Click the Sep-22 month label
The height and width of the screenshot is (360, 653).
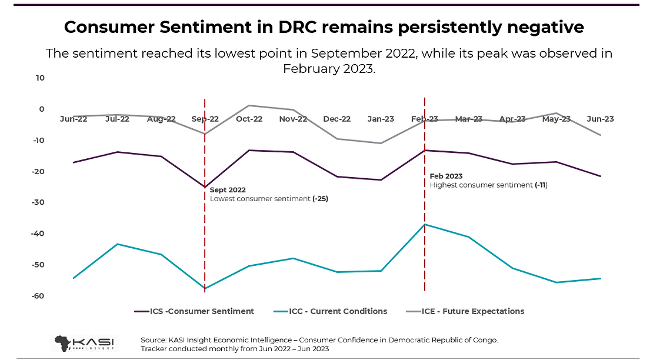[x=205, y=119]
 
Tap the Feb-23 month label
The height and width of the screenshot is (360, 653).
[x=425, y=119]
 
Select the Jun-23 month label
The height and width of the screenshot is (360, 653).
[x=600, y=119]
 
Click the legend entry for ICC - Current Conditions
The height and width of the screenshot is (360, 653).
[x=331, y=311]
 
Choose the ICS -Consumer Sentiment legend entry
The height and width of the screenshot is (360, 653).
[x=194, y=311]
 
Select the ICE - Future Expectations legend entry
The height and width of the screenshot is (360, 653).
[x=465, y=311]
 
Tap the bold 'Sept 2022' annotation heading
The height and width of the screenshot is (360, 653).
[x=228, y=190]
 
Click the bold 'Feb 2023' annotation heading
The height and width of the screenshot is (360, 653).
[x=446, y=176]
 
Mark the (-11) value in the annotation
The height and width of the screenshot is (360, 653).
[x=541, y=185]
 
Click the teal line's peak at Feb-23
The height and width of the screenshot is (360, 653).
[x=425, y=224]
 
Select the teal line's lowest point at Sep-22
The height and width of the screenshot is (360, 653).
[x=205, y=289]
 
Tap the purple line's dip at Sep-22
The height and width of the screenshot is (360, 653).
[x=205, y=187]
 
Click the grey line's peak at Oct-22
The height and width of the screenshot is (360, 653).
[x=249, y=105]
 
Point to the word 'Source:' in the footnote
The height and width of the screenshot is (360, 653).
[x=154, y=340]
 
